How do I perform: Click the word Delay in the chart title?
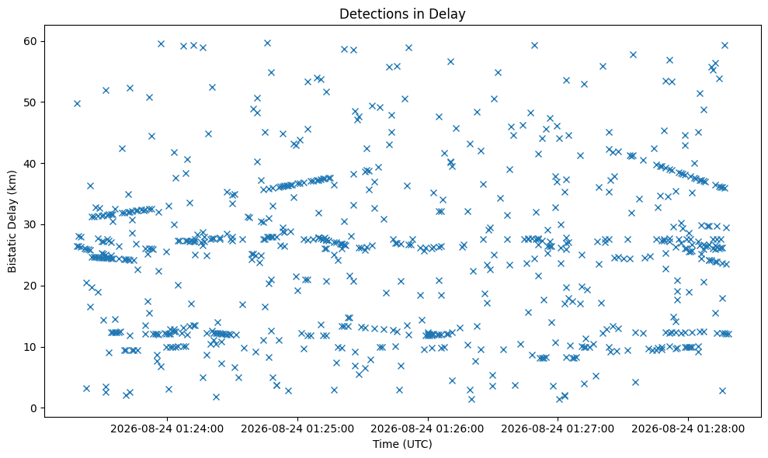(449, 14)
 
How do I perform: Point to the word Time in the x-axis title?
(386, 444)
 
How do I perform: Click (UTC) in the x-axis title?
(417, 444)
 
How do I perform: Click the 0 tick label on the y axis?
(34, 408)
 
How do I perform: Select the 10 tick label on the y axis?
(31, 347)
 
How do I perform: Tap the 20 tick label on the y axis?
(31, 286)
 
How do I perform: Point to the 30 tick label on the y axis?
(31, 224)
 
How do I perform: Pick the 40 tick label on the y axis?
(31, 163)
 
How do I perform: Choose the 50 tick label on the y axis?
(31, 102)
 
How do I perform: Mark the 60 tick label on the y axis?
(31, 41)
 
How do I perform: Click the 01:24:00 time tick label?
(167, 429)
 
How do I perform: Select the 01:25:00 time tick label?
(297, 429)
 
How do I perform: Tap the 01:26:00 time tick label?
(428, 429)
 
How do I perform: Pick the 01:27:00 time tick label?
(558, 429)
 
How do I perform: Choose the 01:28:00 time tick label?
(688, 429)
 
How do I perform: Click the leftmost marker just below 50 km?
(77, 103)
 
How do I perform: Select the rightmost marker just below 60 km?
(725, 46)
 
